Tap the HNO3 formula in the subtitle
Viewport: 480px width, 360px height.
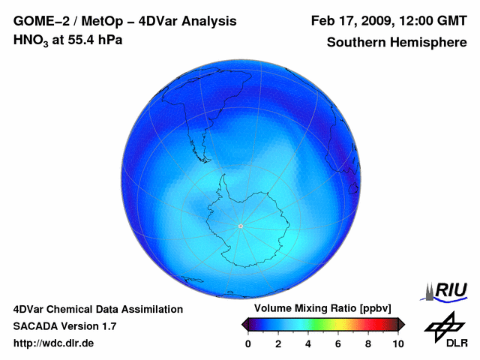[x=31, y=40]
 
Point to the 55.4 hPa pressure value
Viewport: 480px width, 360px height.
[x=94, y=40]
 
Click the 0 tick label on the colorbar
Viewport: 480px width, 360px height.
[x=248, y=343]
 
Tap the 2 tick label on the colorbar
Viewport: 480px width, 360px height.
[x=278, y=343]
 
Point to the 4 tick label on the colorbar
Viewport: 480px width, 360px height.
[x=308, y=343]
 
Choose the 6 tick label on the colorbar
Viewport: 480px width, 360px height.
[x=338, y=343]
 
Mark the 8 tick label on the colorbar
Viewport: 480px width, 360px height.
[x=368, y=343]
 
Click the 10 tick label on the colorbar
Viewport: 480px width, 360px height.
[x=398, y=343]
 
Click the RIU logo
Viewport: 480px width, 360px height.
[x=447, y=289]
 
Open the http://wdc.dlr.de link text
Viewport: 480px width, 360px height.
[x=54, y=343]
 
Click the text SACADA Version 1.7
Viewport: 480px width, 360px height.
[x=64, y=326]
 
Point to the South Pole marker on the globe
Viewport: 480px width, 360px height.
[x=240, y=226]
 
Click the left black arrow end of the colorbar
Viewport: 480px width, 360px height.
[x=244, y=324]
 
